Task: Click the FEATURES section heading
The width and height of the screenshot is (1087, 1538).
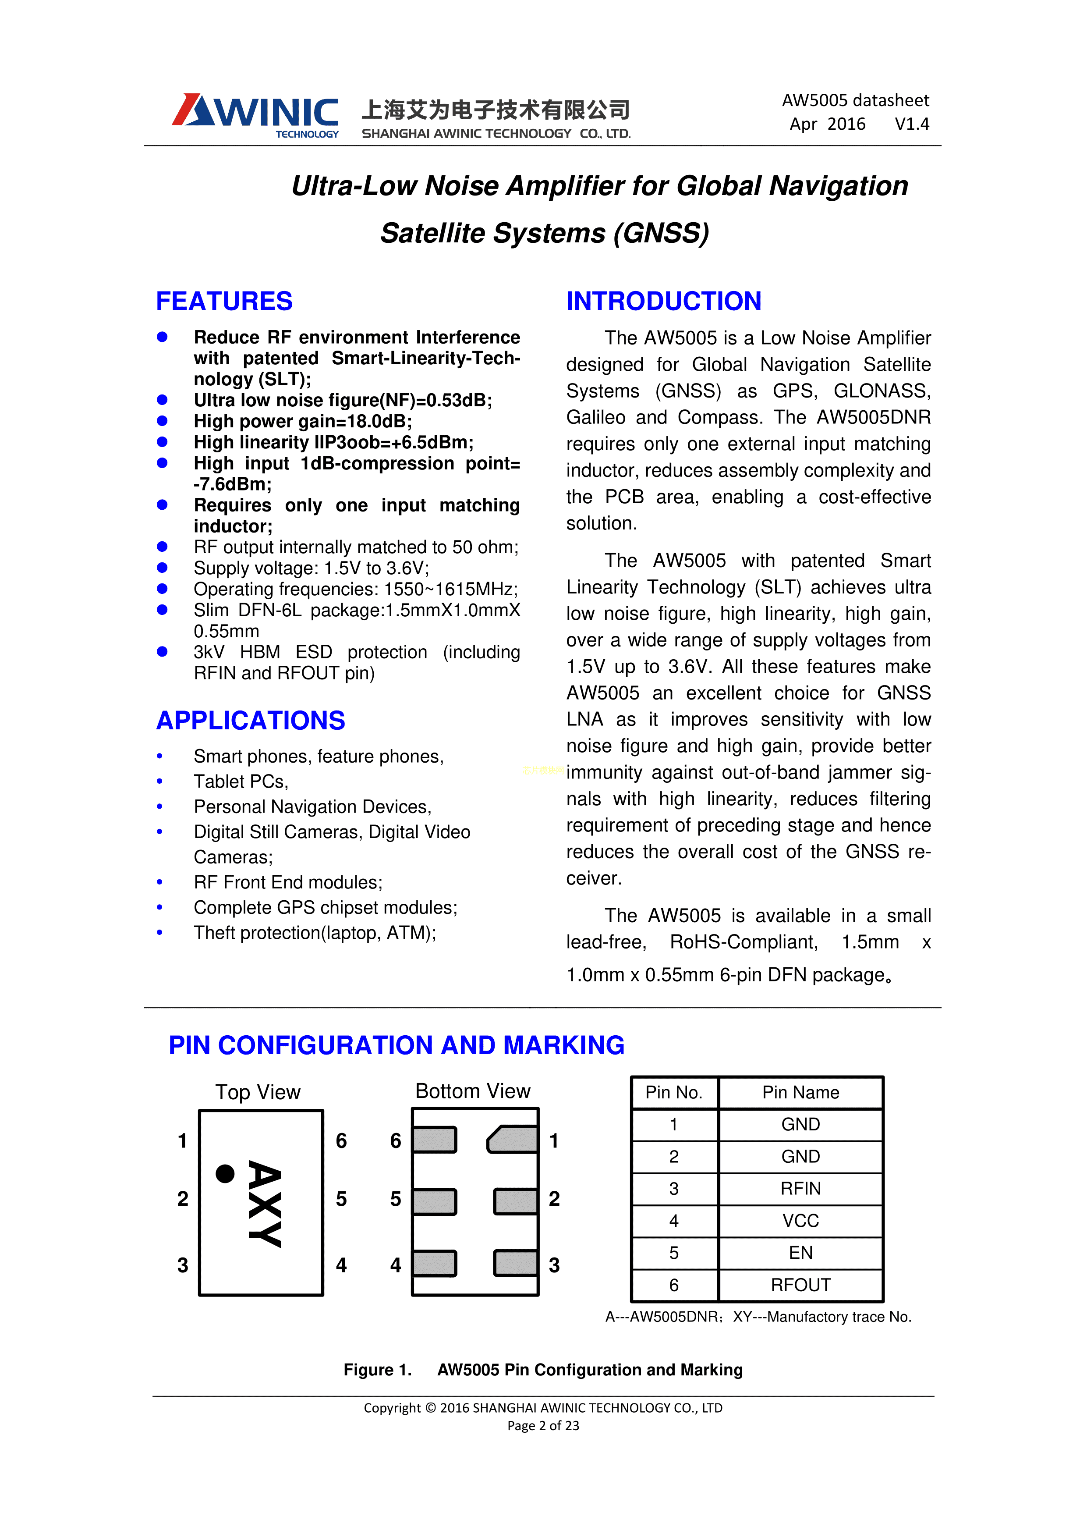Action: tap(224, 302)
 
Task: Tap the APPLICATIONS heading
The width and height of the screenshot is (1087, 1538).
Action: tap(251, 721)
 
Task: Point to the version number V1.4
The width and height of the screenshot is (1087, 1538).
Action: tap(911, 124)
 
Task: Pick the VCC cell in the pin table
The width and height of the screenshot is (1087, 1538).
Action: tap(800, 1221)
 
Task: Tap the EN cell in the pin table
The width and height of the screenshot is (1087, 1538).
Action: tap(800, 1253)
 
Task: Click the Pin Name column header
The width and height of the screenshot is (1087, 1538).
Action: tap(800, 1093)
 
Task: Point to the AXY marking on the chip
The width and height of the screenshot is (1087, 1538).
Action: tap(265, 1204)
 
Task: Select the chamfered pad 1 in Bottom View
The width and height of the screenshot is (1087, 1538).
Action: tap(513, 1140)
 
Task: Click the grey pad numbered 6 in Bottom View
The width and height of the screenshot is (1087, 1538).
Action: tap(435, 1140)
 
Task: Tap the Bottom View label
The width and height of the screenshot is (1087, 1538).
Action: tap(472, 1091)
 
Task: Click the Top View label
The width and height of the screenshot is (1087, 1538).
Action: tap(258, 1093)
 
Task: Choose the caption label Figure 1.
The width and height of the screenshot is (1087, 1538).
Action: tap(377, 1370)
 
